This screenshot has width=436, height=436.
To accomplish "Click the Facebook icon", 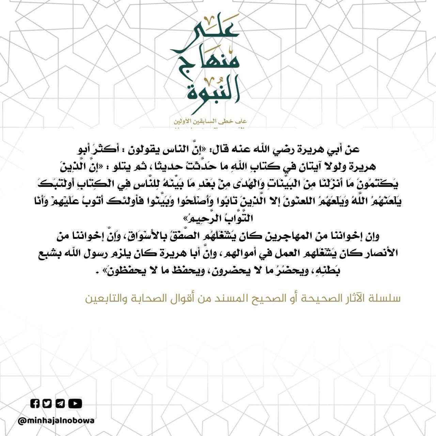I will [35, 404].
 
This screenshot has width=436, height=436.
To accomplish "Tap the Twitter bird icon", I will [47, 404].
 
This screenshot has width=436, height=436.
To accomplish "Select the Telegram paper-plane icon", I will [60, 404].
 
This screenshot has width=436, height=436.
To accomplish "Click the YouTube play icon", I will [75, 404].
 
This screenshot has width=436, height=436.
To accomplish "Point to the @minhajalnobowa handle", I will [56, 421].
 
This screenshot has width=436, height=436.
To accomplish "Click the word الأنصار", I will [381, 253].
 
